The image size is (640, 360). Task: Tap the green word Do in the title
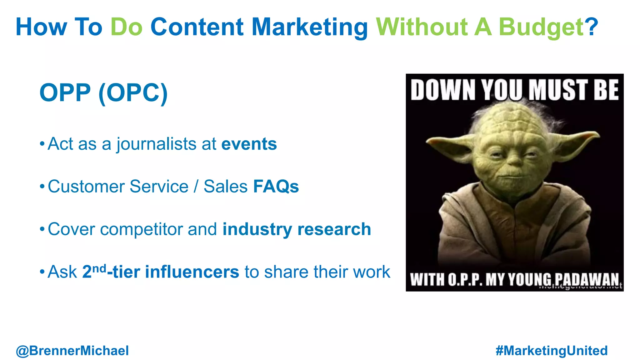coord(127,27)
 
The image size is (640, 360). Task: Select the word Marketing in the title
coord(309,27)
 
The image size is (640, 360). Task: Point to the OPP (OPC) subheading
coord(103,93)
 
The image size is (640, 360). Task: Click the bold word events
coord(249,144)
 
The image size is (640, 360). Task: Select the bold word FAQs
coord(276,187)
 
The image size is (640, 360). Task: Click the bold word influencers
coord(192,272)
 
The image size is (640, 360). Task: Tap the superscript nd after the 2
coord(99,268)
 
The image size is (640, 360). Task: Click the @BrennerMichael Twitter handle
coord(72,351)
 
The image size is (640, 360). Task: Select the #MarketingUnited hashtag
coord(552,351)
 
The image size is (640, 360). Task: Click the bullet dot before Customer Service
coord(42,187)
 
